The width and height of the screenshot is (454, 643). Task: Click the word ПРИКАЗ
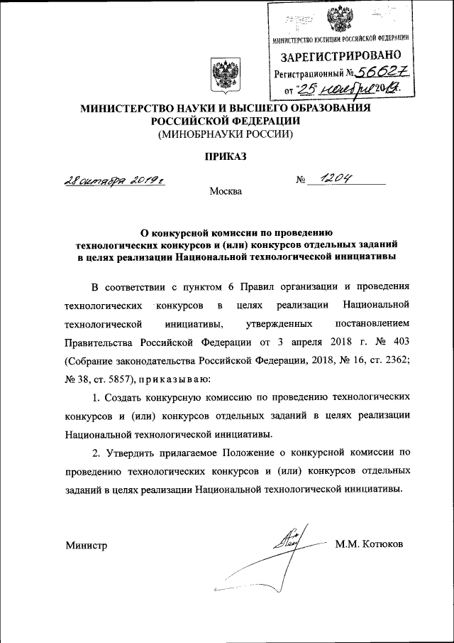coord(226,156)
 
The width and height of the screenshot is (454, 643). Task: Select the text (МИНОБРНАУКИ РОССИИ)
coord(226,133)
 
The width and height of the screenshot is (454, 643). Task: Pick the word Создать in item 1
coord(133,396)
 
